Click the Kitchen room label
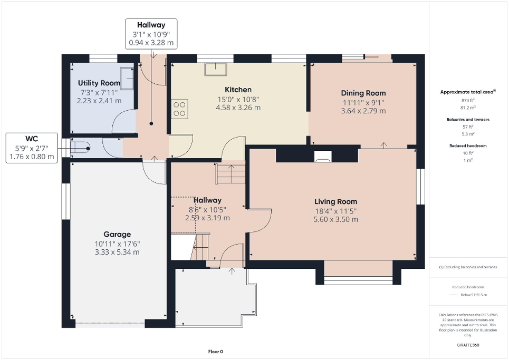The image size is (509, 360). click(238, 90)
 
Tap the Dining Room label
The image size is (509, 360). click(363, 93)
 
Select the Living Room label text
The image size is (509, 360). click(335, 201)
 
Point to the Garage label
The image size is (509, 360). click(117, 234)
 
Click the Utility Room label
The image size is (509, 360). click(99, 83)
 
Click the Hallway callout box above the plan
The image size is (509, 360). click(151, 34)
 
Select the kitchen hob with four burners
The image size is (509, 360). click(180, 108)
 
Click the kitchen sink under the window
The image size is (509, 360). click(216, 69)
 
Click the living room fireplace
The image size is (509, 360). click(322, 155)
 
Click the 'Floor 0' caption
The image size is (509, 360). click(215, 352)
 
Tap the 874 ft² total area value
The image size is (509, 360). click(468, 100)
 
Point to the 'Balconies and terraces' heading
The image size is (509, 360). click(468, 120)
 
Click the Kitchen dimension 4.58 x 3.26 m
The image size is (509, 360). click(238, 108)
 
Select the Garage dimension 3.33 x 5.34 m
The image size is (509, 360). click(117, 252)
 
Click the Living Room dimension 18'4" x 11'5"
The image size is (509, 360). click(335, 211)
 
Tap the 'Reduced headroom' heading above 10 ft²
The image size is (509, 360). click(468, 145)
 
